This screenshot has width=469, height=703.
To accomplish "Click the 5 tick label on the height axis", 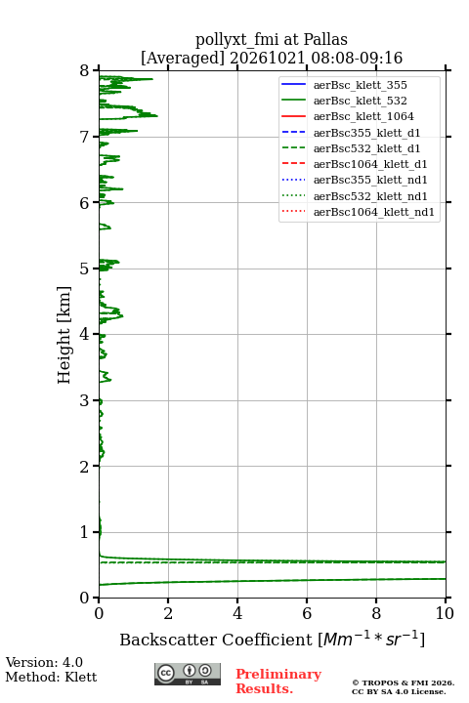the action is (x=85, y=269).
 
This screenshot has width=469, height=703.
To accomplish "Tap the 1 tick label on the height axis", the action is (x=85, y=532).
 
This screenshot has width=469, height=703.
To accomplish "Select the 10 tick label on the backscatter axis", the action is (x=445, y=613).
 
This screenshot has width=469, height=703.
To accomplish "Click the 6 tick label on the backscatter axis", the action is (x=307, y=613).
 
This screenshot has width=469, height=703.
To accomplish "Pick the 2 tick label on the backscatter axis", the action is (x=168, y=613).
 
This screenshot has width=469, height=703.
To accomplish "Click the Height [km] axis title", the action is (x=64, y=335).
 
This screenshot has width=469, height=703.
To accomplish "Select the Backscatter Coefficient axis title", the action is (x=272, y=639).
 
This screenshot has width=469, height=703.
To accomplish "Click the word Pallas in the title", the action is (x=325, y=40).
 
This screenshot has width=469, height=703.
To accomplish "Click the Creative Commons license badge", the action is (x=188, y=674).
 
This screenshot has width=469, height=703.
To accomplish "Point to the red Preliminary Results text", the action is (x=278, y=682).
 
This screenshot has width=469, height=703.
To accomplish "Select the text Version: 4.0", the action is (x=44, y=662).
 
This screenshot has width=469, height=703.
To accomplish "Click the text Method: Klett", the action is (x=51, y=677).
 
